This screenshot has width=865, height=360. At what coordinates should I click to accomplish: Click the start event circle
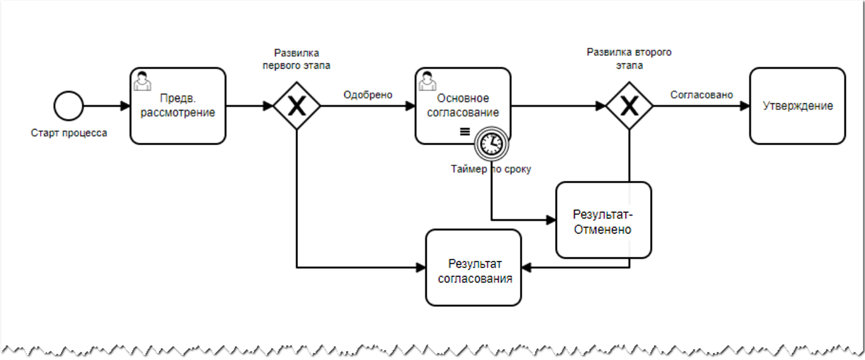(69, 106)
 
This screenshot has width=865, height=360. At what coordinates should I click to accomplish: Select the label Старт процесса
(69, 133)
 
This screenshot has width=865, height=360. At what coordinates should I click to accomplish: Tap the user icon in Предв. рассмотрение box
(141, 80)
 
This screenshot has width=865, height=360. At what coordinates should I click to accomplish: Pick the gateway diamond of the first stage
(297, 106)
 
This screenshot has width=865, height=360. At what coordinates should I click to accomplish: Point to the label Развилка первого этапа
(297, 59)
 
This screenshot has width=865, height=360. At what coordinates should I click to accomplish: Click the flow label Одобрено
(368, 94)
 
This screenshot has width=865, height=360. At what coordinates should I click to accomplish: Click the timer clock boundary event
(491, 144)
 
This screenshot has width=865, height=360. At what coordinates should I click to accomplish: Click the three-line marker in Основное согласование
(464, 133)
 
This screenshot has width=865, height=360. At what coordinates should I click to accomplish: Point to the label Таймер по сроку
(491, 169)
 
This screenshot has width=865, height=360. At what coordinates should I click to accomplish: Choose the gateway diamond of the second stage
(629, 106)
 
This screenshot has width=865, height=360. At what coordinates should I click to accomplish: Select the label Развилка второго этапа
(629, 59)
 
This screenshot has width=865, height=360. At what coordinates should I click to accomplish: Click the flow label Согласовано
(701, 94)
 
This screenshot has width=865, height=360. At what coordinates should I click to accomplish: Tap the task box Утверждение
(798, 106)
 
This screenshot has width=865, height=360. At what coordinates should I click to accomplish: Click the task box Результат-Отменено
(603, 220)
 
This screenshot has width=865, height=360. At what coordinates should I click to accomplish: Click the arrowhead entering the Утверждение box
(744, 106)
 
